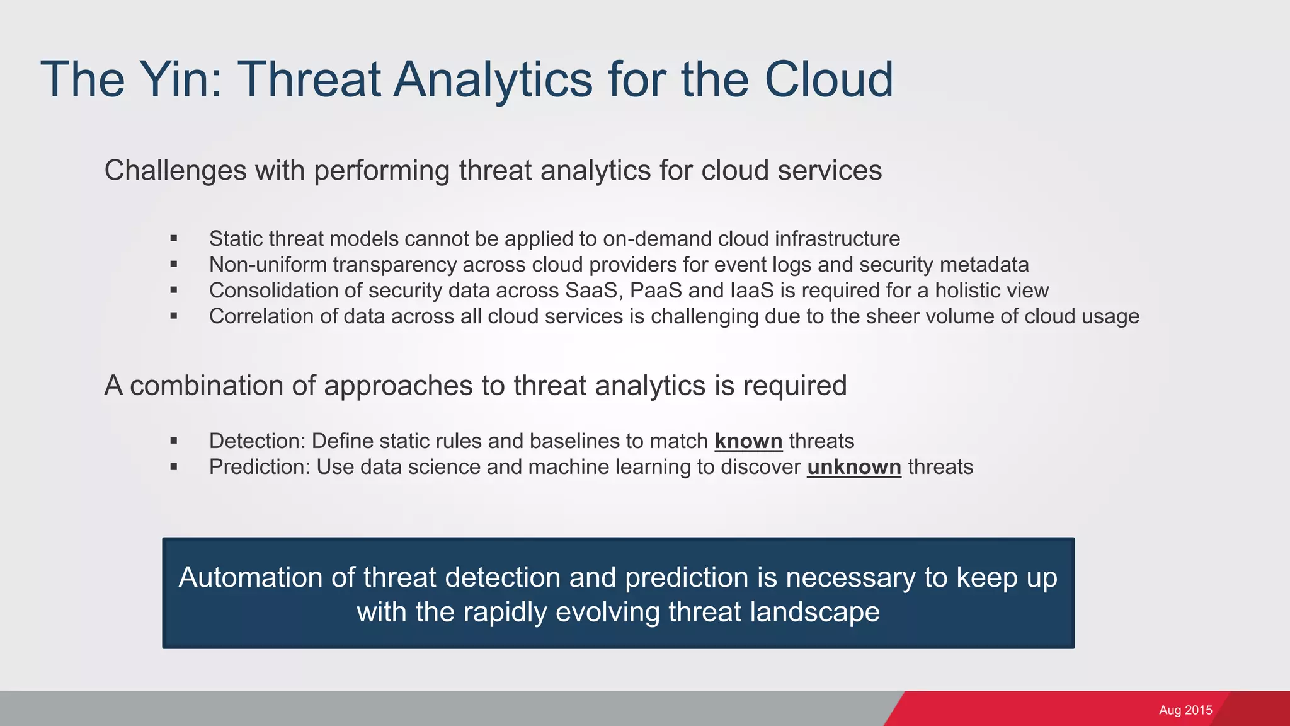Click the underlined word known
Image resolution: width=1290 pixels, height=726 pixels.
748,441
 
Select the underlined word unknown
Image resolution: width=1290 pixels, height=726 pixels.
853,467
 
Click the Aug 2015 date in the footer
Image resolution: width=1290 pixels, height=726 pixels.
1185,710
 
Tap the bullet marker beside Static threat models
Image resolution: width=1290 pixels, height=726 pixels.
174,239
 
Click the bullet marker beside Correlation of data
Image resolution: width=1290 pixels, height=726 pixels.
174,316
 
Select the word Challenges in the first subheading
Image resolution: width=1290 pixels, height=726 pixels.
175,171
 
